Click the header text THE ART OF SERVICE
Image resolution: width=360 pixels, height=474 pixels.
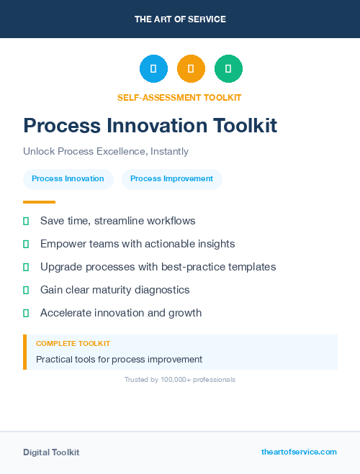point(180,19)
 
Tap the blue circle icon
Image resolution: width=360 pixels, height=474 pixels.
point(153,68)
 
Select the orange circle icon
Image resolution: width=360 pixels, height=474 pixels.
point(191,68)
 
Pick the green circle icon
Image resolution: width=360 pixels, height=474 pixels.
point(228,68)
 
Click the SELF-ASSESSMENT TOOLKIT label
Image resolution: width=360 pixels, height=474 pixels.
point(179,97)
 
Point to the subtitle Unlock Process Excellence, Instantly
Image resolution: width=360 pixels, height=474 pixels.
point(106,152)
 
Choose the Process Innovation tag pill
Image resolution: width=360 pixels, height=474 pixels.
point(68,178)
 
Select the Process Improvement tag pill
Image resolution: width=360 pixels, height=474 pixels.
point(171,178)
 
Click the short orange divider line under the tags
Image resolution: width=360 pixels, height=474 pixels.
point(39,202)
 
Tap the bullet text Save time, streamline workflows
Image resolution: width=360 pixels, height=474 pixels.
point(117,221)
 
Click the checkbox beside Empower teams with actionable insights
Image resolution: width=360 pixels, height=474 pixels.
point(26,244)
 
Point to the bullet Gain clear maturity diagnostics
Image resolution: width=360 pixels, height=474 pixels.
point(114,290)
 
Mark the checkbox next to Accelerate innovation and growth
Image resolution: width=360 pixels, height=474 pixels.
point(26,313)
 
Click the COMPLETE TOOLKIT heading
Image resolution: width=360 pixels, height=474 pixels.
point(73,344)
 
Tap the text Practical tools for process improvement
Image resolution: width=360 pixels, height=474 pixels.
point(119,359)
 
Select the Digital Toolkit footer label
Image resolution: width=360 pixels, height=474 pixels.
point(51,452)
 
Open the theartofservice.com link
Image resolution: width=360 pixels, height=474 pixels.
point(299,452)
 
